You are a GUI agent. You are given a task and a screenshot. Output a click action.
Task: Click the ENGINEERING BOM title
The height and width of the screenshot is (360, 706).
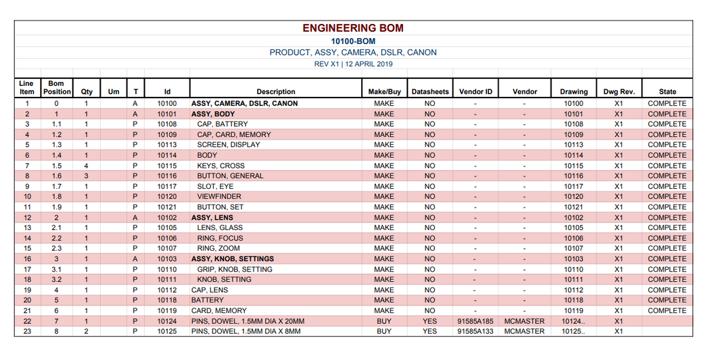point(353,28)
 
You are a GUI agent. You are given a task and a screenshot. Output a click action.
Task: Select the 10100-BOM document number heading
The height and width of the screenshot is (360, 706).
point(353,41)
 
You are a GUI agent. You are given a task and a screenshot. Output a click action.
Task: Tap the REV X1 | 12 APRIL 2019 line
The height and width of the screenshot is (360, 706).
point(353,64)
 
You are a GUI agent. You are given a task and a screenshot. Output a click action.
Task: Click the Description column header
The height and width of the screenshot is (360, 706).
point(276,92)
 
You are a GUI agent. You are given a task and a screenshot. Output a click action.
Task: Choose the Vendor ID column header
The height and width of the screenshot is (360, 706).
point(475,92)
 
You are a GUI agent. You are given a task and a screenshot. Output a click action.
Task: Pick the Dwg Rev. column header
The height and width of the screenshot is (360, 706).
point(618,92)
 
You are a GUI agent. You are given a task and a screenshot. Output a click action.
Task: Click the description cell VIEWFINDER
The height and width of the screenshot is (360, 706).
point(220,196)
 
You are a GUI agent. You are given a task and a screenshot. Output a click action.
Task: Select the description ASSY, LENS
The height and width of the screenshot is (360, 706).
point(213,218)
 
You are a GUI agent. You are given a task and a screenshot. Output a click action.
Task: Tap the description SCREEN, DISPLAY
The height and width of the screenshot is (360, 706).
point(229,145)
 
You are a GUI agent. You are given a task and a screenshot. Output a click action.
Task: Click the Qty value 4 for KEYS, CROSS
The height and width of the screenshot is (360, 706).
point(86,165)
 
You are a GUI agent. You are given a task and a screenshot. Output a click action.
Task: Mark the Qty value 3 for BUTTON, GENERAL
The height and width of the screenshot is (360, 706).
point(86,176)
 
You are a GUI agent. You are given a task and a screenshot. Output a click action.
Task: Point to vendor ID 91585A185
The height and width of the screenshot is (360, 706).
point(475,321)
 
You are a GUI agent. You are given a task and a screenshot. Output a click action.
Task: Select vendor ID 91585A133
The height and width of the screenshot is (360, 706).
point(475,332)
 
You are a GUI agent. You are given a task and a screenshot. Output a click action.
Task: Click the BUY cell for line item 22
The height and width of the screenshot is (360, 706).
point(384,321)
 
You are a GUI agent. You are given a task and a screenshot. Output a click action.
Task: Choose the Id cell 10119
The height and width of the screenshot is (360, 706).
point(167,311)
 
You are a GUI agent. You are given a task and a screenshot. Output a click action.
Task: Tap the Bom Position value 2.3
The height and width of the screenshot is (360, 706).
point(56,248)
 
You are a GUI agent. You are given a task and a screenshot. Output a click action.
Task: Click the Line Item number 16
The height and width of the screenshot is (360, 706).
point(27,259)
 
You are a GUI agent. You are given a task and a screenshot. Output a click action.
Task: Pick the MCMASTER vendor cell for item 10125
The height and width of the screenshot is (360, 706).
point(524,332)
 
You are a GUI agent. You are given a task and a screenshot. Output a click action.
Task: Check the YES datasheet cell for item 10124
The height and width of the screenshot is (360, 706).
point(430,321)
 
